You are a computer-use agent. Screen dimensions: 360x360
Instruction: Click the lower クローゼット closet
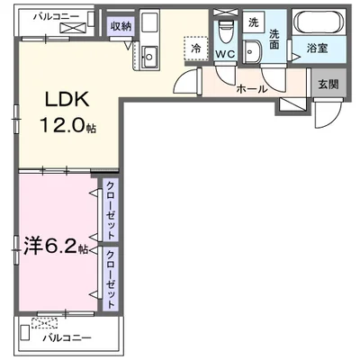point(110,277)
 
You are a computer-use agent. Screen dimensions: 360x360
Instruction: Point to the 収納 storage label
point(121,27)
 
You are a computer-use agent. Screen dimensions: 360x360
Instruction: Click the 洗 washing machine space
point(253,22)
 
